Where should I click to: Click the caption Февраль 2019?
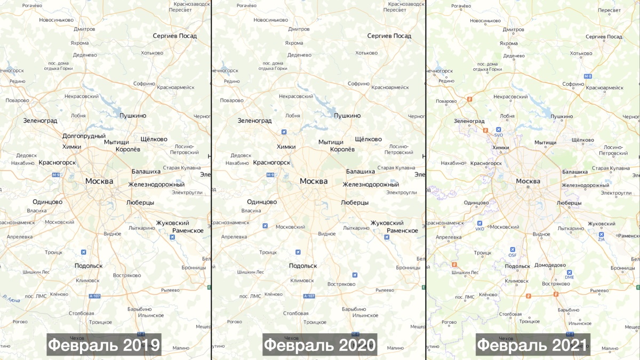104,345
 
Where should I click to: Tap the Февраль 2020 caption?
319,345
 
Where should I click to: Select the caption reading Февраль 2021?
533,345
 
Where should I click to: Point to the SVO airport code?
499,135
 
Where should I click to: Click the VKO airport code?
479,229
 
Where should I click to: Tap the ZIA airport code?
601,239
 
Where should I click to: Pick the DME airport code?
570,277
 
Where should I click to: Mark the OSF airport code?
513,254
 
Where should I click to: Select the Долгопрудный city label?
84,136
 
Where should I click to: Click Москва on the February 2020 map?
314,181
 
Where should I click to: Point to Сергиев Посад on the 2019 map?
174,36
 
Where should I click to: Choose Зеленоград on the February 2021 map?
469,121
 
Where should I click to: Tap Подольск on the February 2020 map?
303,266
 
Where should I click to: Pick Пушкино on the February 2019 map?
132,115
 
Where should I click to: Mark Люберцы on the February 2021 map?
569,203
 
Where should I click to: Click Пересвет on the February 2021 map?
609,11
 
